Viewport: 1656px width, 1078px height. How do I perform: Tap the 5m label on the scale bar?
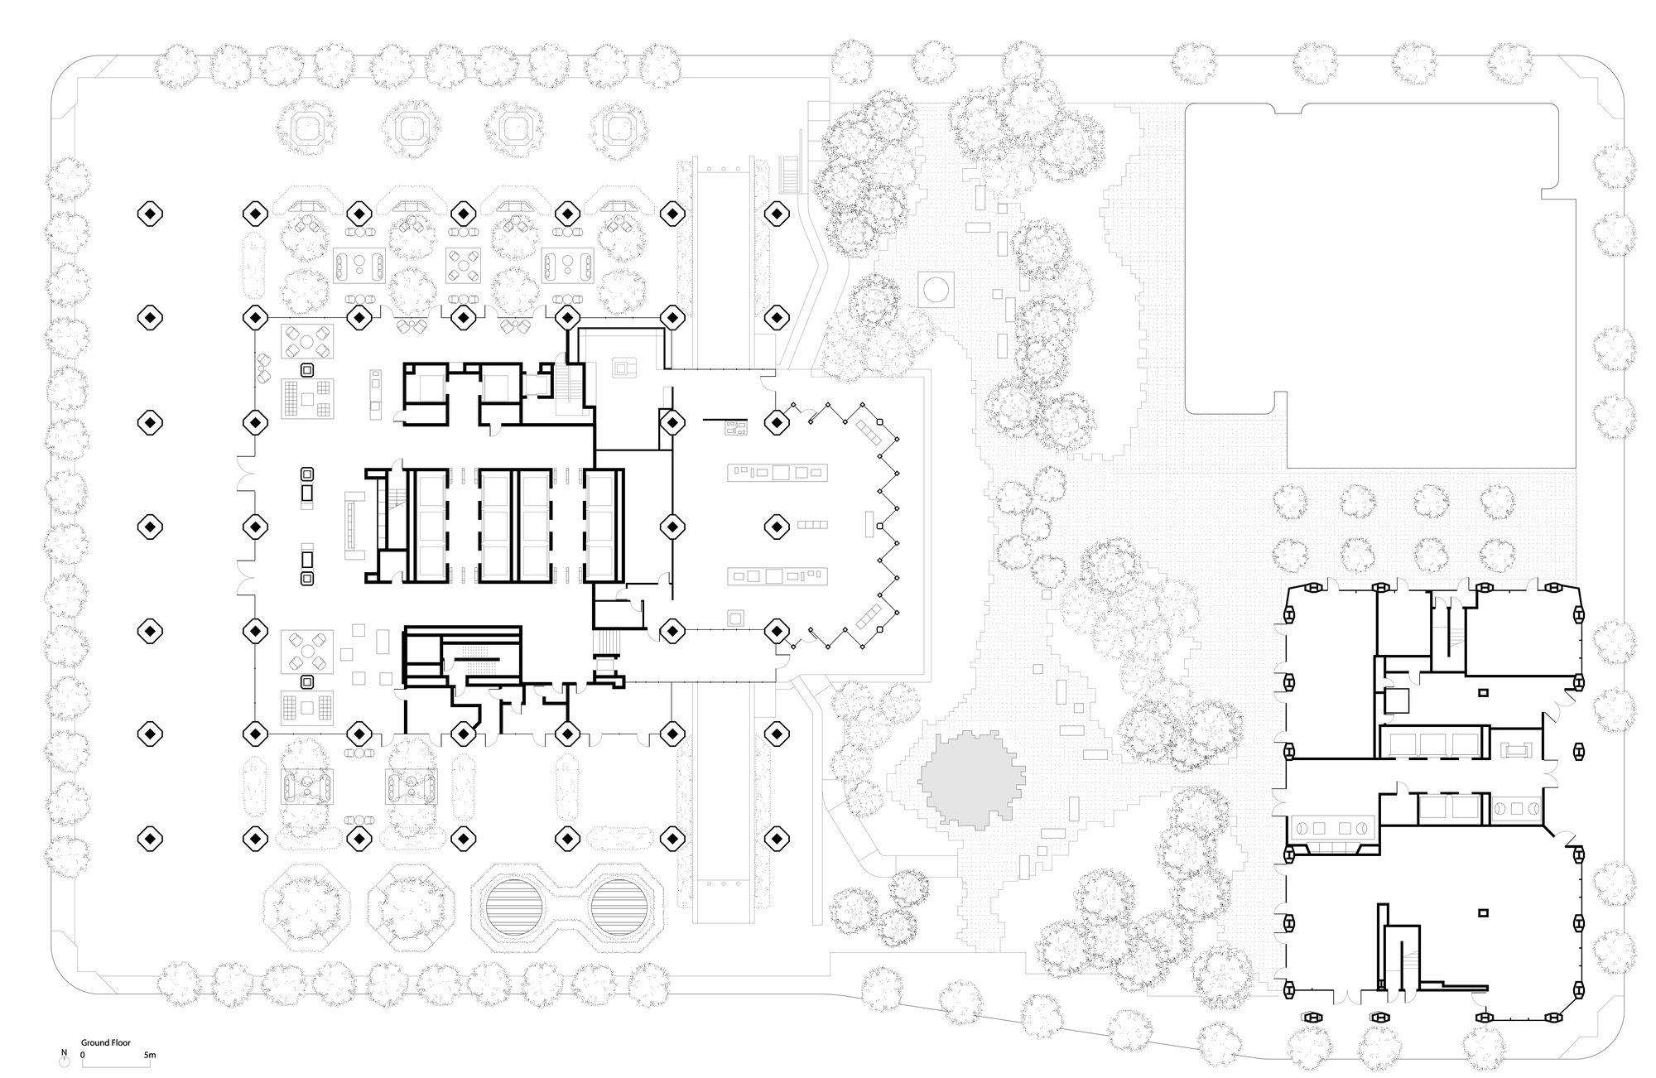point(150,1056)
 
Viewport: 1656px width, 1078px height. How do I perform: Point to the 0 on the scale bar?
point(83,1056)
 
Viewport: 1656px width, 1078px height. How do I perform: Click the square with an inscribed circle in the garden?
point(936,289)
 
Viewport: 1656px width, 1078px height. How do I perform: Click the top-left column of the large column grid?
point(149,214)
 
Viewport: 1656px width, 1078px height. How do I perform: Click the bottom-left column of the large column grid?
point(149,839)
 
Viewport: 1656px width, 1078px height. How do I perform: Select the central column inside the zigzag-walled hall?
point(776,526)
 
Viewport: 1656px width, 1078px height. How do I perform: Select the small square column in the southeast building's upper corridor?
point(1483,692)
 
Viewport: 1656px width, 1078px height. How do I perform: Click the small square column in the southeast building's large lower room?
point(1483,913)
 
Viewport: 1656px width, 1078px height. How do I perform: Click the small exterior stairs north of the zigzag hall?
point(792,174)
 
